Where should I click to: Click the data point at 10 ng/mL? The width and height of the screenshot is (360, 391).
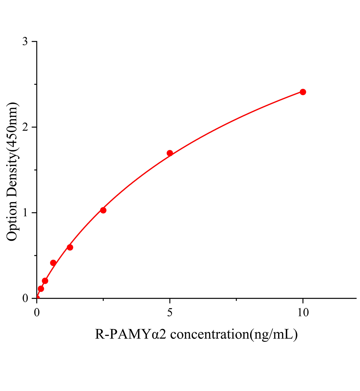303,92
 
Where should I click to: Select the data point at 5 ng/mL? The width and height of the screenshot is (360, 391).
170,153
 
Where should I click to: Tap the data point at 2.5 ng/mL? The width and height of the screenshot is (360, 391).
103,210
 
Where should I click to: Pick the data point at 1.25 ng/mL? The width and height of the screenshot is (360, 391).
70,247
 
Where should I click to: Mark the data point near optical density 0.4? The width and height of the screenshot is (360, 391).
53,263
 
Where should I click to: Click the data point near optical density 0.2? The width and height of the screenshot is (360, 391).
45,281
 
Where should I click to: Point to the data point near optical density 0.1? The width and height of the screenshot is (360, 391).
41,289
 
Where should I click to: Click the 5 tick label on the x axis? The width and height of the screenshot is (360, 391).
170,312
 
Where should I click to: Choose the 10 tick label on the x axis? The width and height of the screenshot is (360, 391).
303,312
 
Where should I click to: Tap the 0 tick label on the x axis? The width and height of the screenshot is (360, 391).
37,312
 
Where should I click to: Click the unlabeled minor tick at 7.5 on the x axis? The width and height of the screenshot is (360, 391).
236,299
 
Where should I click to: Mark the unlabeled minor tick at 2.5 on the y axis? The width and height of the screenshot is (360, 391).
35,84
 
